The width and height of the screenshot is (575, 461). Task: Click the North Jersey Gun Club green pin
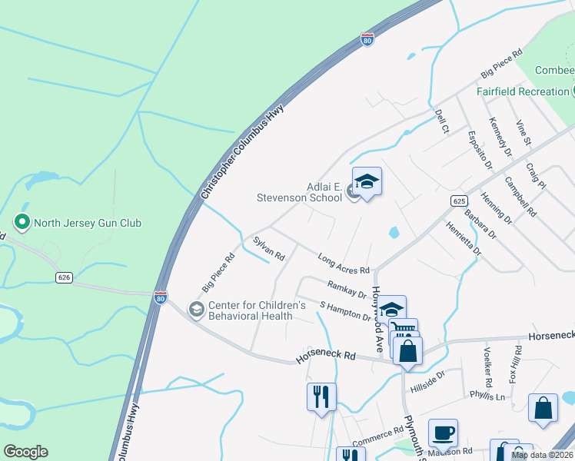(22, 224)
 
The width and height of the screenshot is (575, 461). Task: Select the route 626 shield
(64, 277)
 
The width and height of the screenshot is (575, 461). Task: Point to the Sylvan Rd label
(269, 248)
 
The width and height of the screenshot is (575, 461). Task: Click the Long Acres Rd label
(344, 264)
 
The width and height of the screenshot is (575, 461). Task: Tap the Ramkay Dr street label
(347, 289)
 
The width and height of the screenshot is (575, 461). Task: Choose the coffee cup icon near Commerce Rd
(443, 433)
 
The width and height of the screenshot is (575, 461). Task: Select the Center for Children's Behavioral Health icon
(196, 310)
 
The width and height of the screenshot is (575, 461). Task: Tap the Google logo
(25, 452)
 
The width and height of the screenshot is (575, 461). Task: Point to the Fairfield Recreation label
(522, 91)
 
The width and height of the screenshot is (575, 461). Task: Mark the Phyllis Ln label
(488, 396)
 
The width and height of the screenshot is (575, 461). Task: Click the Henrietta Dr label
(463, 239)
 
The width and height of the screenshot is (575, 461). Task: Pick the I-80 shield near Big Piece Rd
(160, 297)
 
